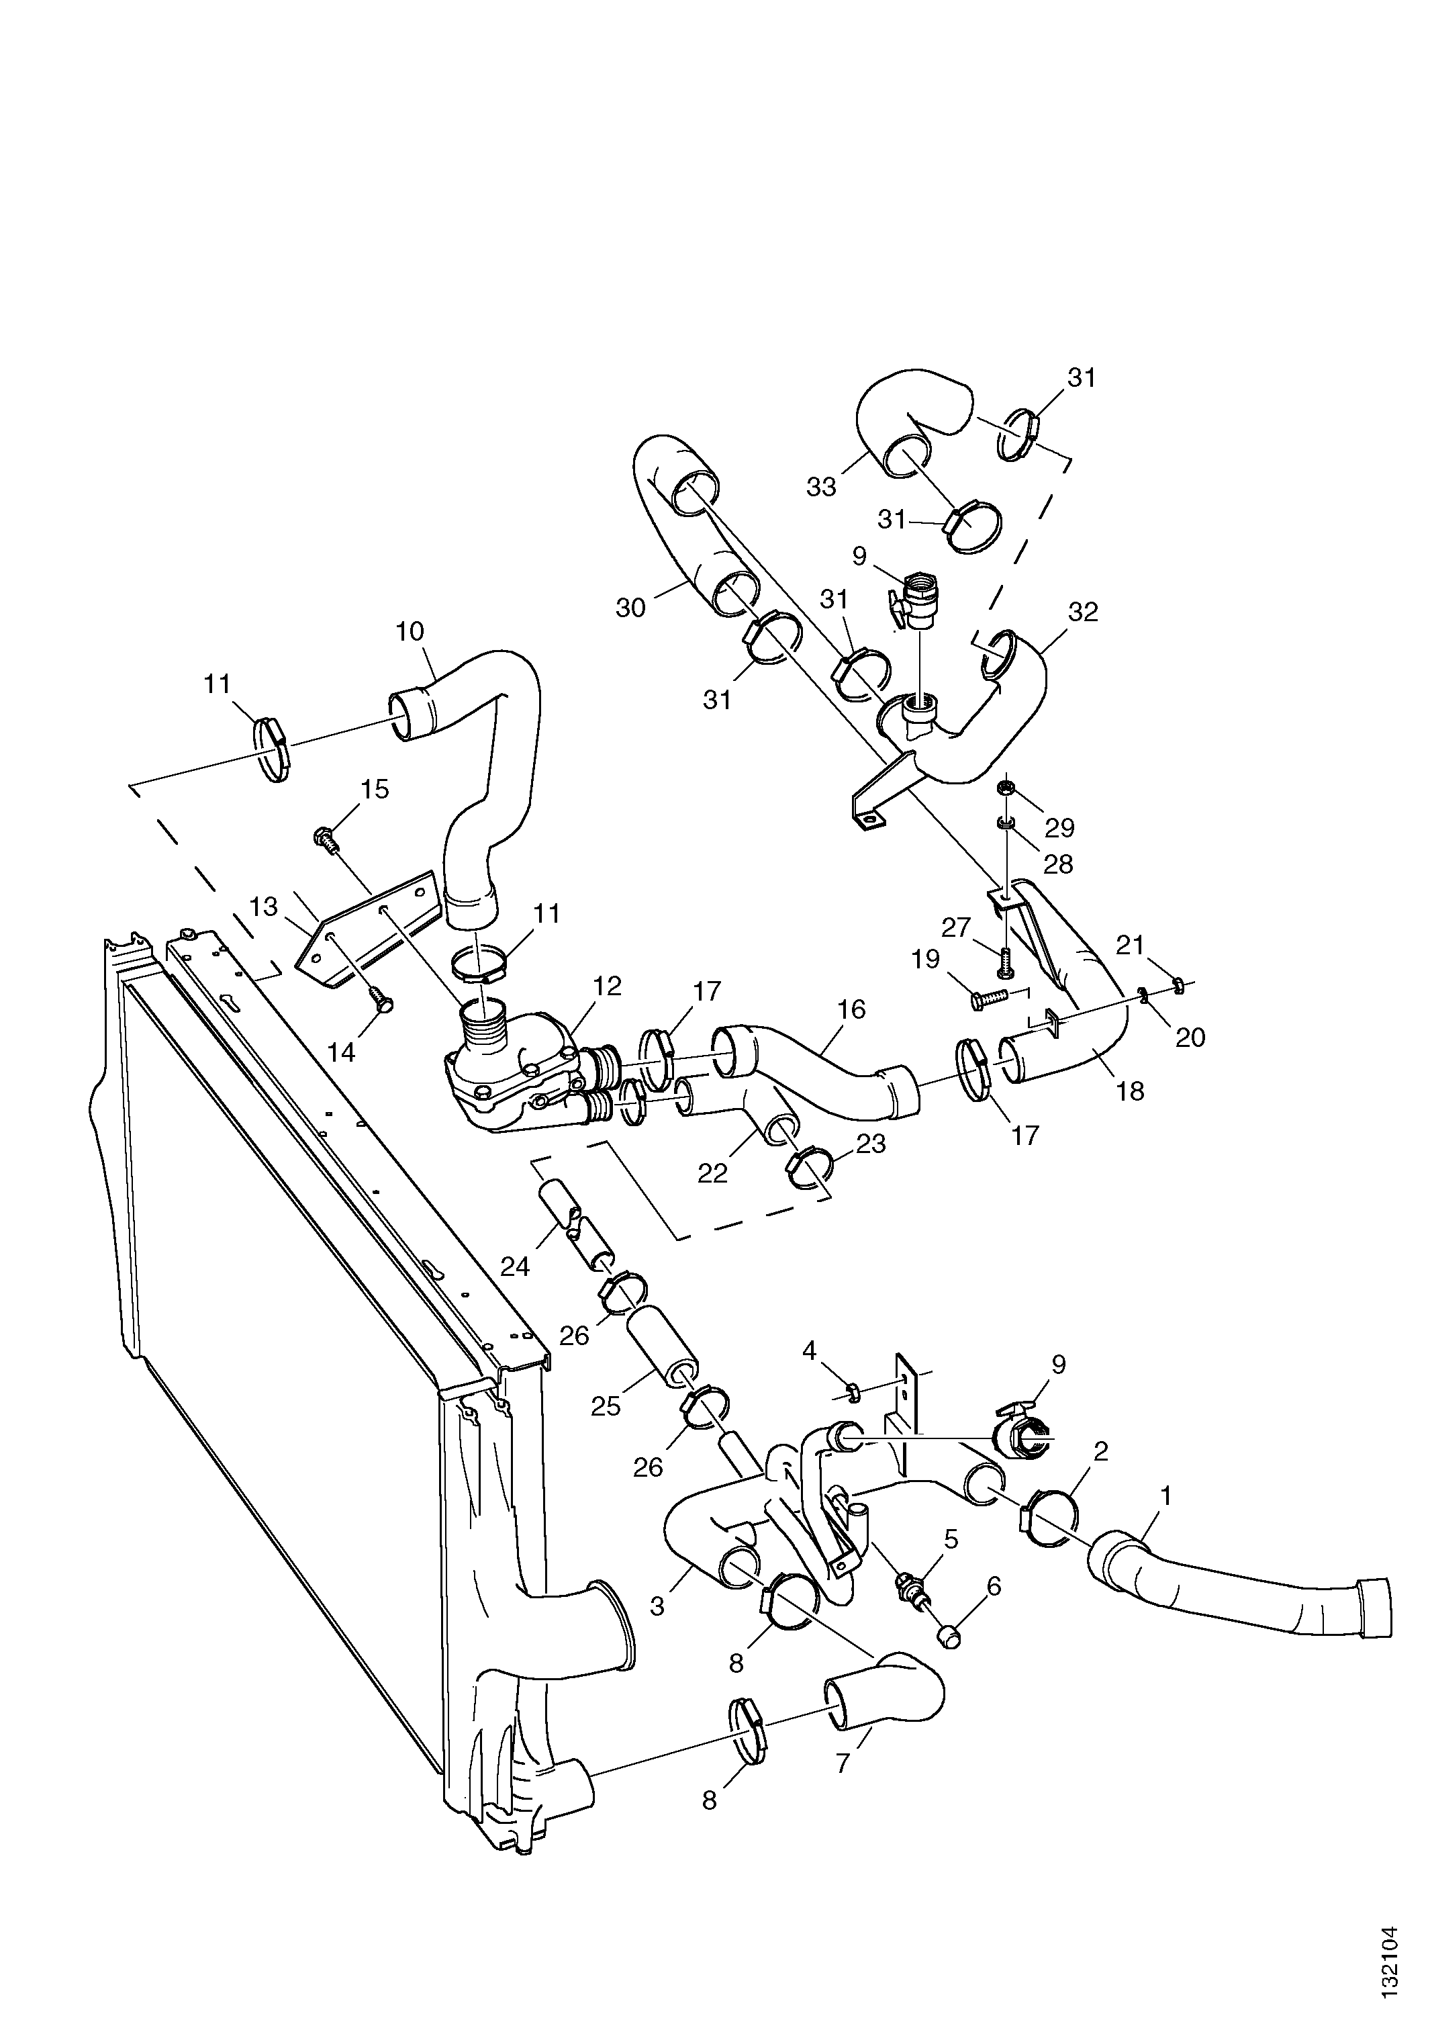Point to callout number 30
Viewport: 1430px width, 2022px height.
click(x=630, y=608)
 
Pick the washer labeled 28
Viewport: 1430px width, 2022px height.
click(x=1005, y=823)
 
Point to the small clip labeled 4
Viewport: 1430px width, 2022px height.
click(x=853, y=1391)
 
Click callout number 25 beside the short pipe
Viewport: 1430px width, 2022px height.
click(x=606, y=1406)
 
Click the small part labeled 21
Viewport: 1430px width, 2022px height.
click(x=1179, y=982)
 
